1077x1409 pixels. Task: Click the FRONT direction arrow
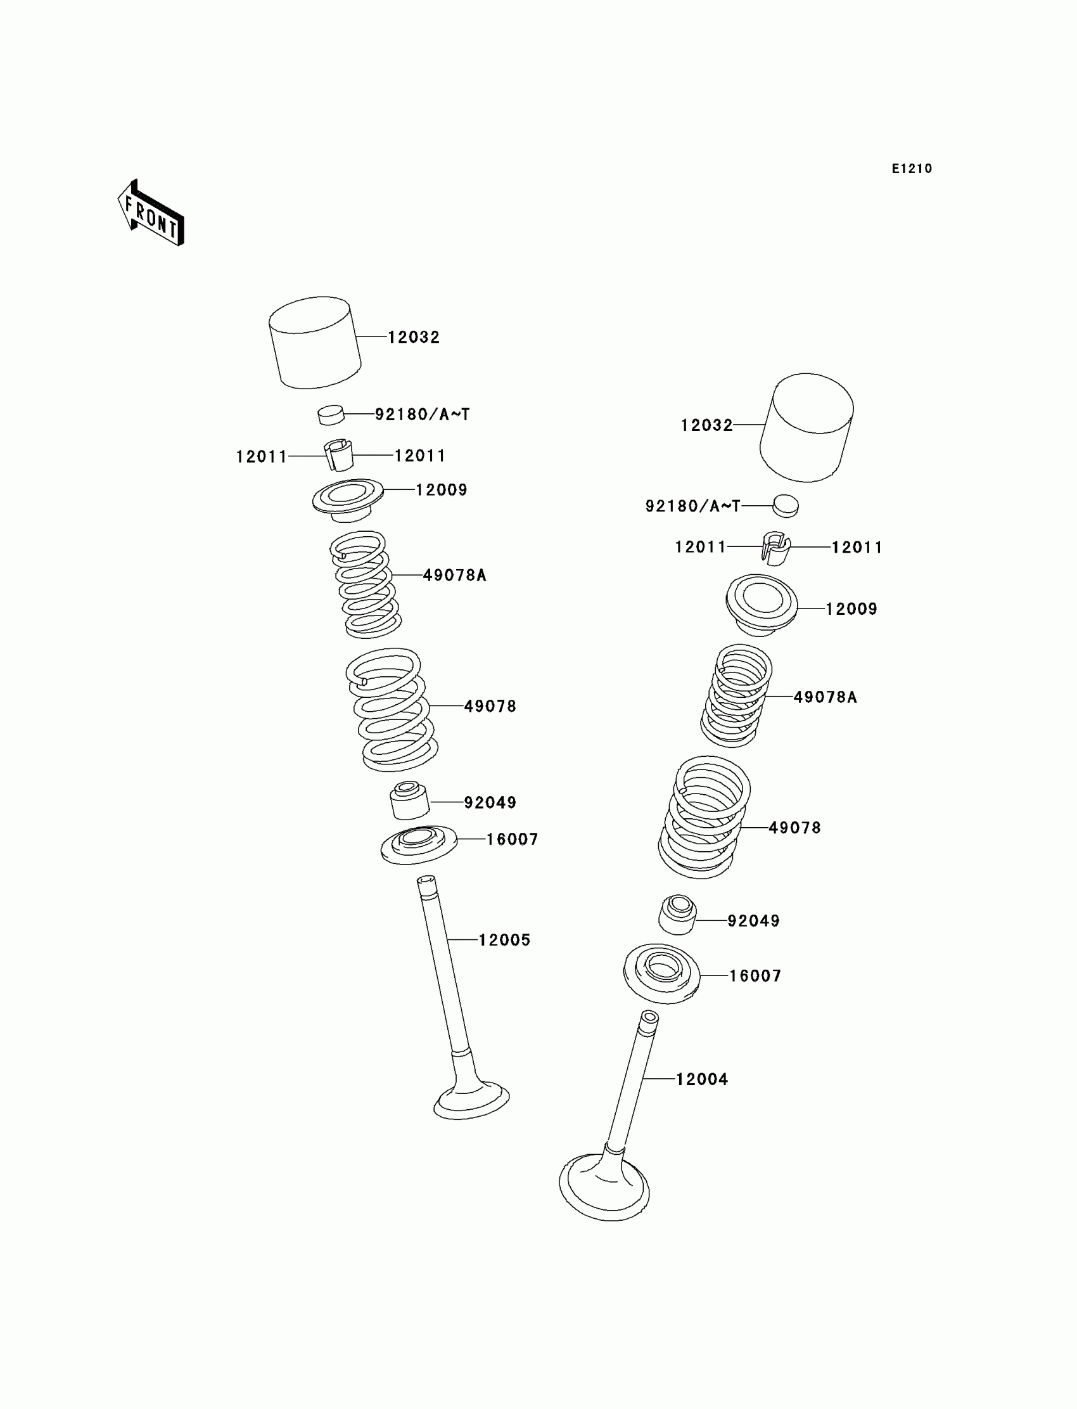click(x=151, y=214)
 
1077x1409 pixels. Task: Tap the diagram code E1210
click(x=912, y=169)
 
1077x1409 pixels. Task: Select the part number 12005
click(x=504, y=940)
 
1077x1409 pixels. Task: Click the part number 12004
click(x=702, y=1079)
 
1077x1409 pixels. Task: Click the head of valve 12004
click(x=604, y=1187)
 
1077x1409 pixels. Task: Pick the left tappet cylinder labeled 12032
click(x=314, y=342)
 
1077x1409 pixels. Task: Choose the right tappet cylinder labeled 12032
click(x=806, y=427)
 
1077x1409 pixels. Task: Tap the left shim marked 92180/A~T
click(x=331, y=415)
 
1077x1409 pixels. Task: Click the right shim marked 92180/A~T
click(x=786, y=505)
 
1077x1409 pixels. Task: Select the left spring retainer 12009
click(x=347, y=499)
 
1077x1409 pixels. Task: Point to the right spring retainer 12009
click(x=761, y=604)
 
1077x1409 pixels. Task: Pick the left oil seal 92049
click(x=409, y=801)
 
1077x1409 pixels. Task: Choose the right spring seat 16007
click(x=661, y=974)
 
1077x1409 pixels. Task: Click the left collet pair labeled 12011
click(x=338, y=454)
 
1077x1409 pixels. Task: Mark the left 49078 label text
click(x=490, y=706)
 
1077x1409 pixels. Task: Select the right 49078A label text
click(x=824, y=697)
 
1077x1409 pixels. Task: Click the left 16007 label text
click(x=512, y=839)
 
